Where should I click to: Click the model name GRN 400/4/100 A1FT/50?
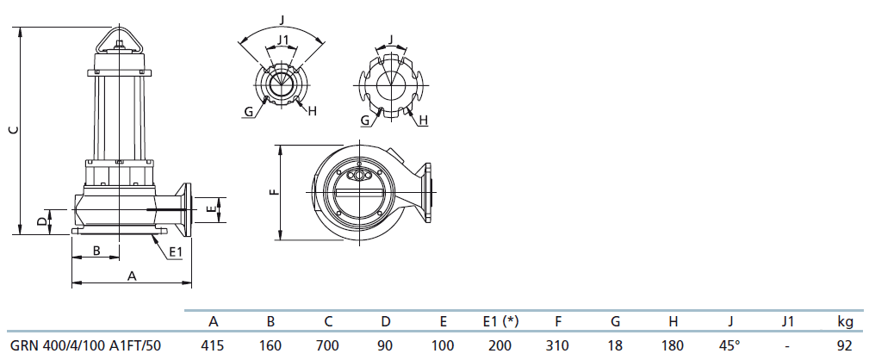pyautogui.click(x=86, y=346)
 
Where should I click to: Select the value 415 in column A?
pyautogui.click(x=213, y=346)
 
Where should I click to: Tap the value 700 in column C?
pyautogui.click(x=328, y=346)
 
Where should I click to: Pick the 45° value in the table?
pyautogui.click(x=729, y=346)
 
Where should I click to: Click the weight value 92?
pyautogui.click(x=845, y=346)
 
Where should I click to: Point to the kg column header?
pyautogui.click(x=845, y=322)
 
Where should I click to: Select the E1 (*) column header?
pyautogui.click(x=500, y=322)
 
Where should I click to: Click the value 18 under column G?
pyautogui.click(x=615, y=346)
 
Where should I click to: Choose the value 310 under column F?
pyautogui.click(x=557, y=346)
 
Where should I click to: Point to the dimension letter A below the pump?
pyautogui.click(x=132, y=276)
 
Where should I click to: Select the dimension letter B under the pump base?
pyautogui.click(x=96, y=251)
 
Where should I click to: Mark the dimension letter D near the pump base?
pyautogui.click(x=41, y=222)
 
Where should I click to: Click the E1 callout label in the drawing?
pyautogui.click(x=176, y=252)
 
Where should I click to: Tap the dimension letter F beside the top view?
pyautogui.click(x=273, y=193)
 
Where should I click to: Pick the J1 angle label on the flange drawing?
pyautogui.click(x=282, y=40)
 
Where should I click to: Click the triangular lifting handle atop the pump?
pyautogui.click(x=119, y=40)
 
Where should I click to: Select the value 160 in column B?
pyautogui.click(x=270, y=346)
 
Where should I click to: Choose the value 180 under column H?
pyautogui.click(x=673, y=346)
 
